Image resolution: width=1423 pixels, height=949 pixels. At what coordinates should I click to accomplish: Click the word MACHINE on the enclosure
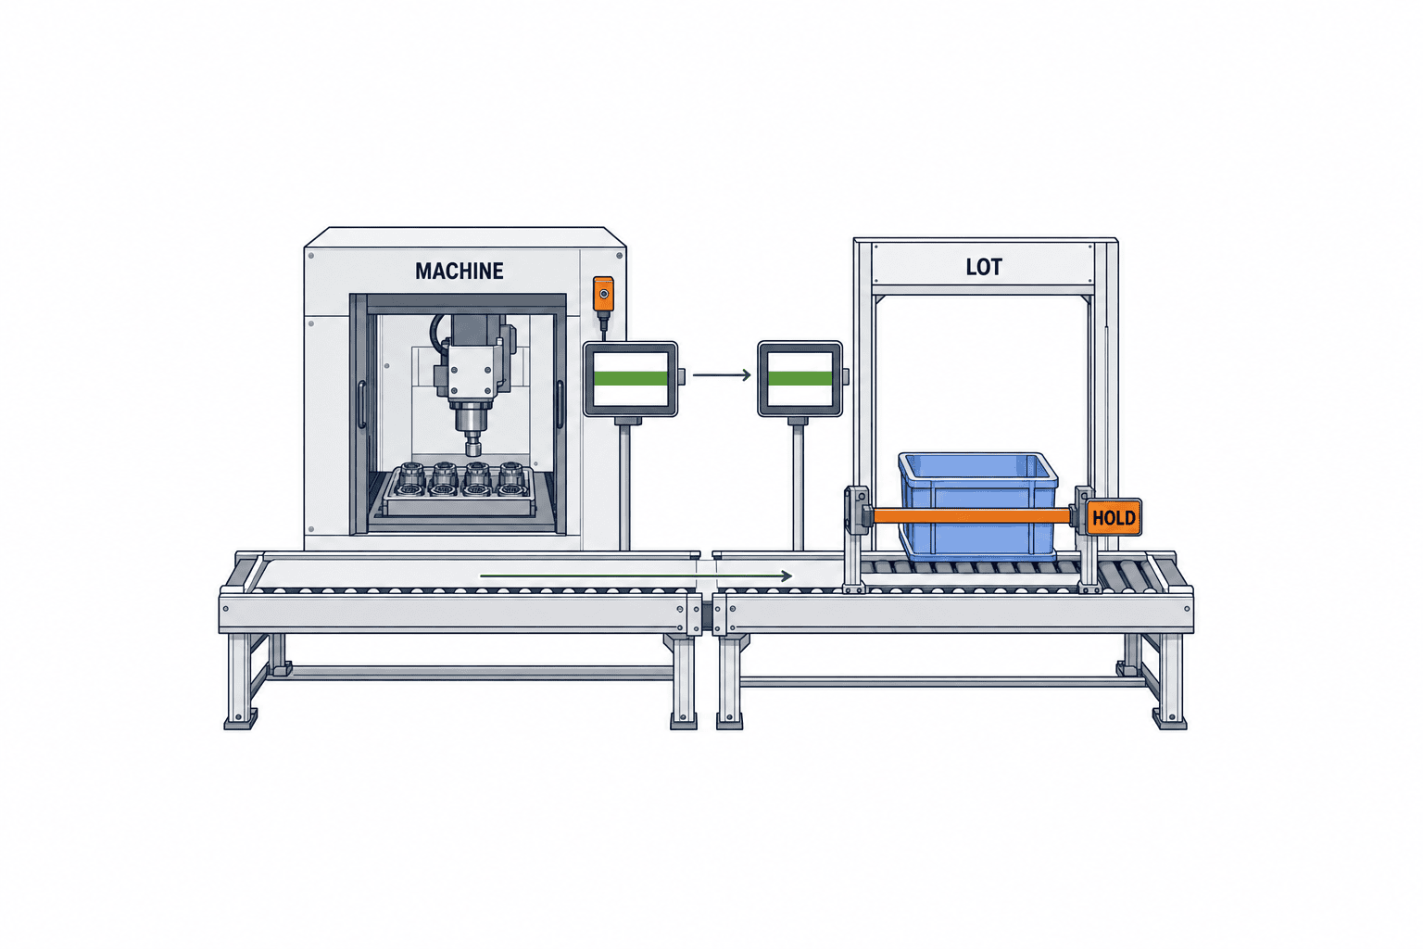(460, 272)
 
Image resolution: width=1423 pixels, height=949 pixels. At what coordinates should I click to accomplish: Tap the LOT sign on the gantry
(983, 267)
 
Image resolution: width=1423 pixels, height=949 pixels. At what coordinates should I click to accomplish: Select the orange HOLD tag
(1114, 517)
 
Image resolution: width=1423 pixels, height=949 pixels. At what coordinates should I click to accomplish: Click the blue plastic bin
(977, 505)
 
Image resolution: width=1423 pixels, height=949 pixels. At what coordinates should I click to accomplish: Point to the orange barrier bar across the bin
(971, 515)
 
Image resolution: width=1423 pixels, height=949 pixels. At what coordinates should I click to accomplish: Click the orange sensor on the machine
(603, 295)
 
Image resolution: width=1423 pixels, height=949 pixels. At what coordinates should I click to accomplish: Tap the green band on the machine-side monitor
(630, 379)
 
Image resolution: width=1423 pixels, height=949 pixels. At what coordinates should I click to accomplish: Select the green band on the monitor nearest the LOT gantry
(800, 379)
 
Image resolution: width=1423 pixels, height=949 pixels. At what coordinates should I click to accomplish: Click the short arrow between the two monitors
(722, 375)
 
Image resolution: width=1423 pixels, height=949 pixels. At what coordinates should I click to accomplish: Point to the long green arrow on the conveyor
(636, 576)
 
